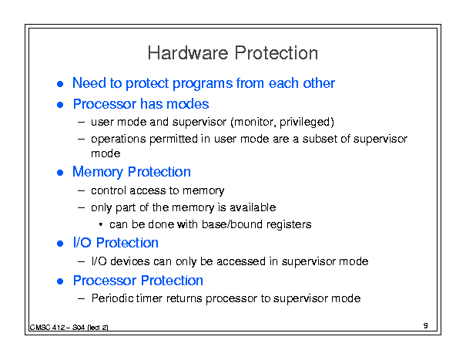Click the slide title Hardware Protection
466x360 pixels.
pos(233,53)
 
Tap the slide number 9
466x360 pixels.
pos(426,325)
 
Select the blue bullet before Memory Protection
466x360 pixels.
pos(60,173)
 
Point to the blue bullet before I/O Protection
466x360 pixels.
pos(60,244)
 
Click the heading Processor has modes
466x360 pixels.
pos(141,104)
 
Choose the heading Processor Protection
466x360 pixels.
pos(138,281)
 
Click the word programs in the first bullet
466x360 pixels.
pos(203,84)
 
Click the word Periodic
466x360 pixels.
pos(112,298)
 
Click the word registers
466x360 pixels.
pos(289,225)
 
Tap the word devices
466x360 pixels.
pos(130,261)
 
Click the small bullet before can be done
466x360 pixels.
pos(101,225)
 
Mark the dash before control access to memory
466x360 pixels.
pos(81,190)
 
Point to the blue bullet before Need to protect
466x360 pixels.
pos(60,84)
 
